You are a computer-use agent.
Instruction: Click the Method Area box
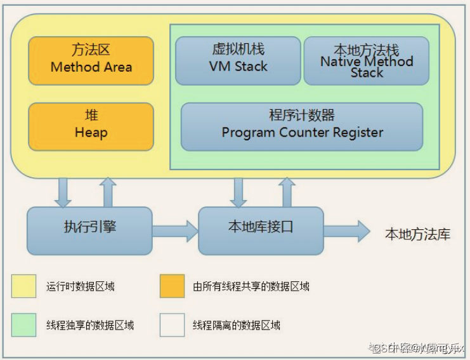tap(91, 60)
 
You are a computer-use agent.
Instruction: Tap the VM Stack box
tap(238, 60)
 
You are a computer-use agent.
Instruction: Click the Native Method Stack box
tap(367, 60)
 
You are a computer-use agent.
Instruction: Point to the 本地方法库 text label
tap(417, 234)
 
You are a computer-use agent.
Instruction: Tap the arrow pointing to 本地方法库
tap(347, 230)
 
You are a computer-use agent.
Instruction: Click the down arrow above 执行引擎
tap(63, 191)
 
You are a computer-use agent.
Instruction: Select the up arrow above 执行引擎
tap(108, 191)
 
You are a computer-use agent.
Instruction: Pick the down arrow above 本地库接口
tap(239, 191)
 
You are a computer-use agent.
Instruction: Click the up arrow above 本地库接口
tap(287, 191)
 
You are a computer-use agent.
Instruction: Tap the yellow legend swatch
tap(23, 286)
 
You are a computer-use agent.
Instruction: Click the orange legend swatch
tap(172, 286)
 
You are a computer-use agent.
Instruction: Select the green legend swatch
tap(23, 325)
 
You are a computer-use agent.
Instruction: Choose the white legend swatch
tap(172, 325)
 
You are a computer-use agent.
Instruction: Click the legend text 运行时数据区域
tap(81, 286)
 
